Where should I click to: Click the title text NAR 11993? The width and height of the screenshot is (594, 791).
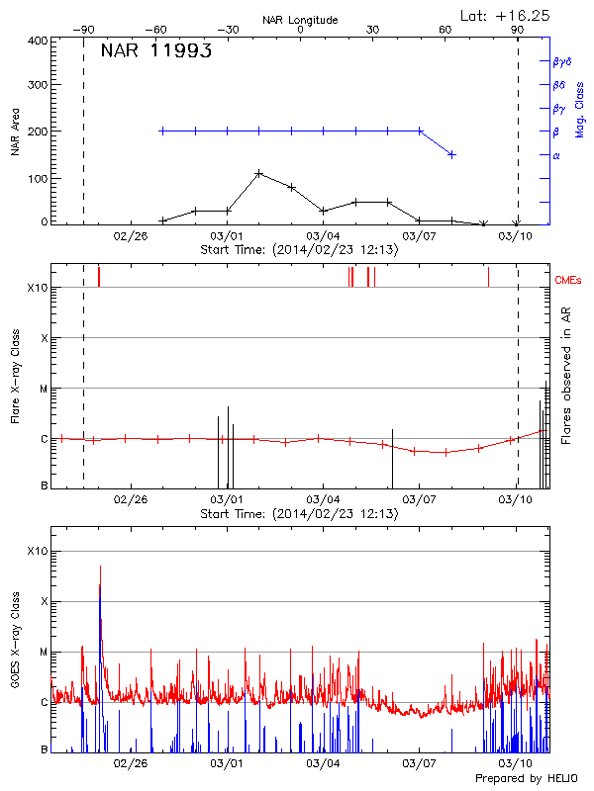point(155,52)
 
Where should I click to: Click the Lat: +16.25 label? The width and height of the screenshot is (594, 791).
point(506,15)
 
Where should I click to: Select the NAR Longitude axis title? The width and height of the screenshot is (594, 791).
point(300,20)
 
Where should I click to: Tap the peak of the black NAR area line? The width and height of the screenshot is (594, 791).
point(259,173)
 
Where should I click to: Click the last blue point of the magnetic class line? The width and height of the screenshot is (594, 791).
point(452,154)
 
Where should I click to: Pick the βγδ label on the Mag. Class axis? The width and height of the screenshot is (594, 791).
point(561,61)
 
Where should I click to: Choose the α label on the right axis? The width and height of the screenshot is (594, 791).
point(556,155)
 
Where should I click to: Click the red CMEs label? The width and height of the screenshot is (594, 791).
point(569,281)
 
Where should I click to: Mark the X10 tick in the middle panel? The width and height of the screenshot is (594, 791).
point(38,288)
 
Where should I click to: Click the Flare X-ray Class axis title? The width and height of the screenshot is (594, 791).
point(15,376)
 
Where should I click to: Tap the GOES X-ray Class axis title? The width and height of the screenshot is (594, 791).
point(15,648)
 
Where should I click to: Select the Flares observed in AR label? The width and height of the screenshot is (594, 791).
point(565,376)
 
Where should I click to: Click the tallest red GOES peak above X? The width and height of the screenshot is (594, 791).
point(100,568)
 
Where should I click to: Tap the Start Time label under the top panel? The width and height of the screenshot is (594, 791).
point(299,250)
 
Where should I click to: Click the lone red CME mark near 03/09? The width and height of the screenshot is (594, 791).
point(488,276)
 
